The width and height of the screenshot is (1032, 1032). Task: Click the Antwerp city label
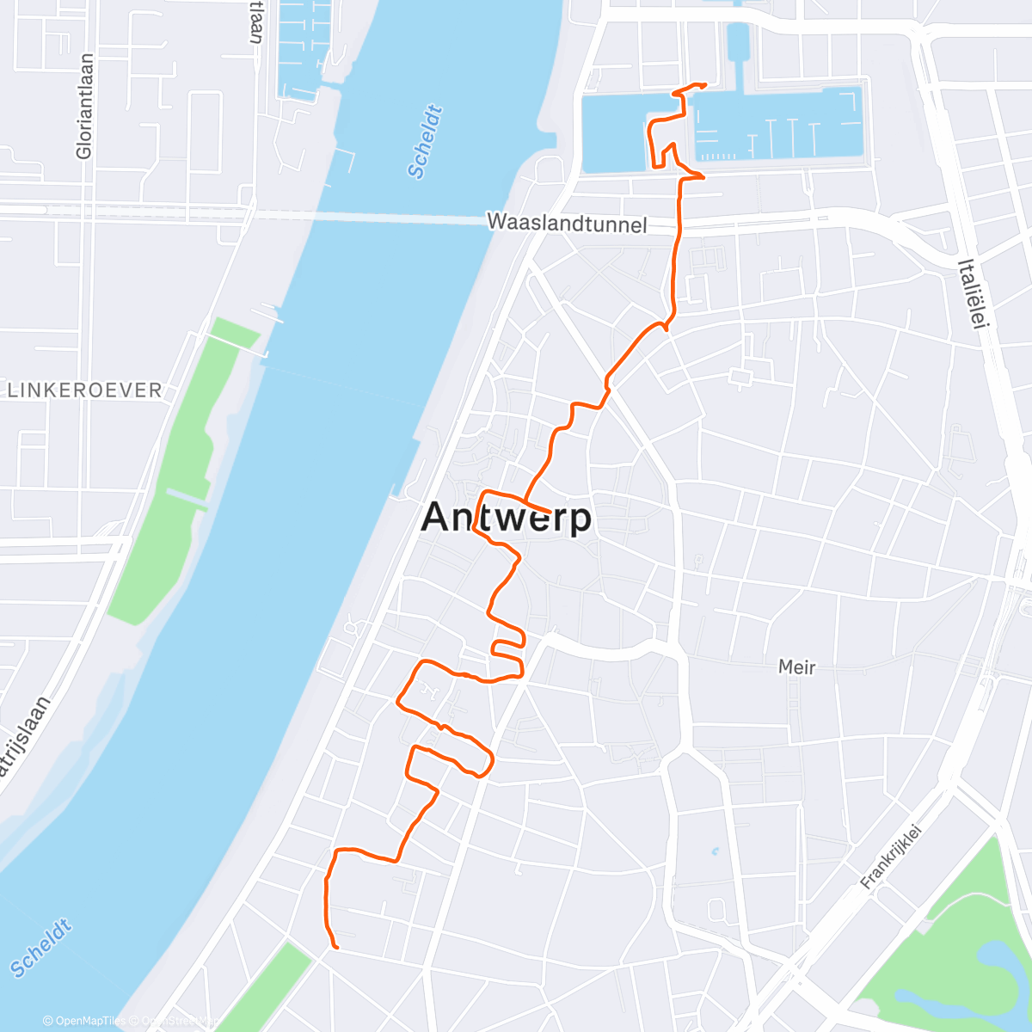[507, 518]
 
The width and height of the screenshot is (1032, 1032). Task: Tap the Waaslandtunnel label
[567, 224]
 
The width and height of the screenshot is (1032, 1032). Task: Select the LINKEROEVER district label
[84, 390]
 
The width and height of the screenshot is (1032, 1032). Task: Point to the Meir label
[796, 666]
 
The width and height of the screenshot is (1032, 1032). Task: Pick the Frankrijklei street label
[891, 857]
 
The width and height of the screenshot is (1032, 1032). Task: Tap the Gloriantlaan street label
[84, 107]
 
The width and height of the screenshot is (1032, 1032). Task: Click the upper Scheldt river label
[426, 142]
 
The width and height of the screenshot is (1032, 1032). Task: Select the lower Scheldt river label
[40, 949]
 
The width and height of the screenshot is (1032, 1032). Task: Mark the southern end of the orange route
[336, 948]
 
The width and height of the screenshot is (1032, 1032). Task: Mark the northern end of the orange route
[705, 84]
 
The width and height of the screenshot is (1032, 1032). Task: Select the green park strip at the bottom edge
[262, 989]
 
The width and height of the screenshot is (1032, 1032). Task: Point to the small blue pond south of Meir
[715, 853]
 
